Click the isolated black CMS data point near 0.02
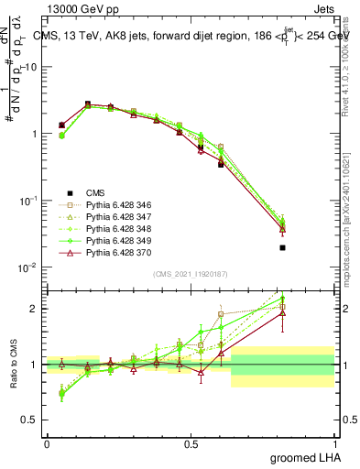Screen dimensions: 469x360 pyautogui.click(x=283, y=247)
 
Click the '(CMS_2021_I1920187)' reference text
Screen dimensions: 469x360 pyautogui.click(x=190, y=274)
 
